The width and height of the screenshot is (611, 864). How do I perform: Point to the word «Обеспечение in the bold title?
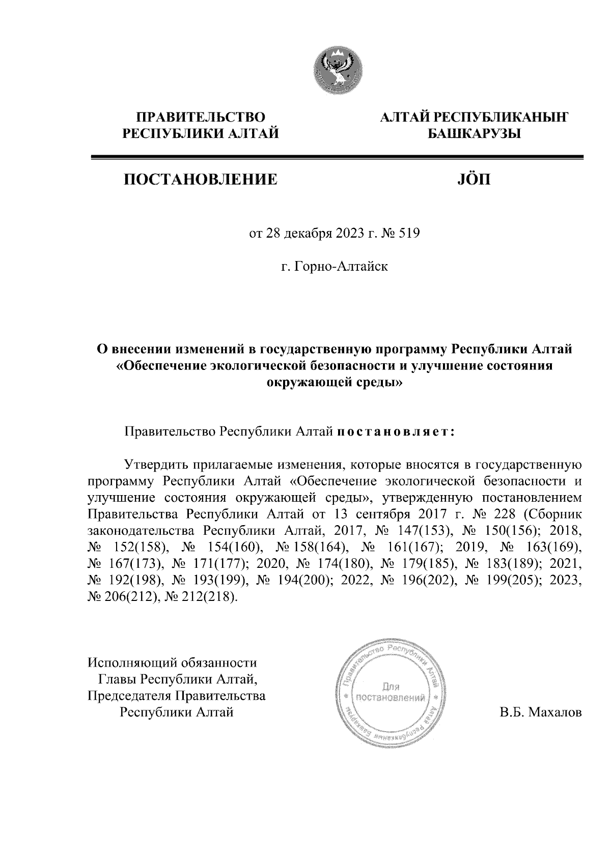point(162,366)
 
